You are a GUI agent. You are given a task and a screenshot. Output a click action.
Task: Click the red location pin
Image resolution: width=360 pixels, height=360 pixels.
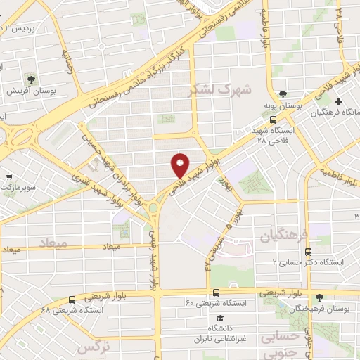click(x=180, y=165)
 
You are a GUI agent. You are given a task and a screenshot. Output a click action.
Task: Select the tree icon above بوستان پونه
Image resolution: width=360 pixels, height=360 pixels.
click(x=282, y=94)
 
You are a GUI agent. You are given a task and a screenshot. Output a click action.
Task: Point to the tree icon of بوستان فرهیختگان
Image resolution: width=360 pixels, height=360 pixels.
click(x=320, y=298)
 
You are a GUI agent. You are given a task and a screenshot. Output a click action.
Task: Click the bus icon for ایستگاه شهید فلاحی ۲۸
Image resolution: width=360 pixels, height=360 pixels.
click(x=274, y=120)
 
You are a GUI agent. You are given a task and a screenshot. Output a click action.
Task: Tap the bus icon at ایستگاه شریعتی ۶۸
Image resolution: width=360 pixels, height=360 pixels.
click(x=72, y=300)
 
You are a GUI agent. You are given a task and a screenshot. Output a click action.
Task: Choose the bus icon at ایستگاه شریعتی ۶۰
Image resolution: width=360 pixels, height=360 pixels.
click(x=215, y=292)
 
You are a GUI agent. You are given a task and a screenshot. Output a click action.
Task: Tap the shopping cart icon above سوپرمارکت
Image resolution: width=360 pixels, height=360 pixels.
click(x=8, y=177)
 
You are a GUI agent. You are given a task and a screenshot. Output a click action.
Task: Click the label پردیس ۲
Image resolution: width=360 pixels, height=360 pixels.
click(x=19, y=28)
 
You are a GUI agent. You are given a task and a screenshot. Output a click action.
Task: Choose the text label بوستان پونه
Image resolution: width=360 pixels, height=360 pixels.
click(x=282, y=105)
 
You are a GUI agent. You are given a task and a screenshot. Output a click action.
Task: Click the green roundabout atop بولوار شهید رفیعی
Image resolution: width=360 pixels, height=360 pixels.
click(x=153, y=208)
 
